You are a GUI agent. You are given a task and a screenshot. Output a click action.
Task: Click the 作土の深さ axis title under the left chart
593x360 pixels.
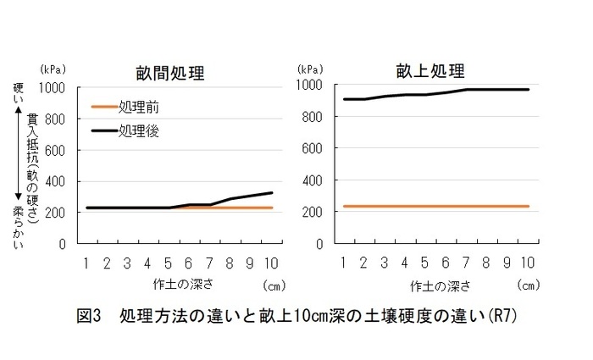click(x=178, y=283)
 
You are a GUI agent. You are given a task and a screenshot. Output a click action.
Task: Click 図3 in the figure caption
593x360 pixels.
click(x=88, y=318)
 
